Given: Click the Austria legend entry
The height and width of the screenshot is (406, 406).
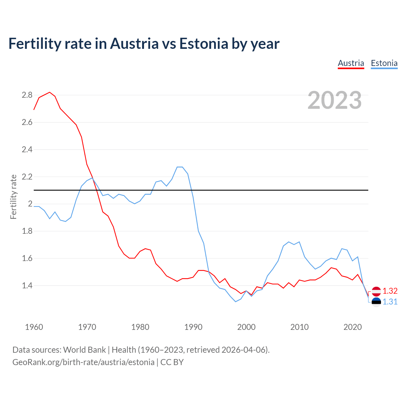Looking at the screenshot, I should point(351,63).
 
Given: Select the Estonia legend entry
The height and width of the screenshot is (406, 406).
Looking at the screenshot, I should point(384,63).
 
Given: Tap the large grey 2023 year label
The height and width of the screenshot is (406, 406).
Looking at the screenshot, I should point(335,100).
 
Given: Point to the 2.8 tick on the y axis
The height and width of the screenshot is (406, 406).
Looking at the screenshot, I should point(27,95).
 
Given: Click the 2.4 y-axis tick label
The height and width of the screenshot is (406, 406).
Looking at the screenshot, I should point(27,149).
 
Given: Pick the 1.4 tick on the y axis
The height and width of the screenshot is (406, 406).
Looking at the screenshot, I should point(27,285).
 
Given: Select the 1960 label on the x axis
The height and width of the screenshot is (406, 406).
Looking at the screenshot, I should point(34,327).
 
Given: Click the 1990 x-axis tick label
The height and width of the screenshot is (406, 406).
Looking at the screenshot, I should point(193,327).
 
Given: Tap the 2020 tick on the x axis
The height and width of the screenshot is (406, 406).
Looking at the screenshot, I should point(352,327).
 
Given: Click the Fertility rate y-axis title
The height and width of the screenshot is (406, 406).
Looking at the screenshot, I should point(13,197).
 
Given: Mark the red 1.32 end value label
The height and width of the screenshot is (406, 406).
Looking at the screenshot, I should point(390,291).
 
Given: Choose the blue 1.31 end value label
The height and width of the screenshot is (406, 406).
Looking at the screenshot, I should point(390,302).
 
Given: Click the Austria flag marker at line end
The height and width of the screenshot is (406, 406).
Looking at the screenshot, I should point(376,291).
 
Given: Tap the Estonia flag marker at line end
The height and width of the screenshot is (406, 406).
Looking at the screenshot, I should point(376,302).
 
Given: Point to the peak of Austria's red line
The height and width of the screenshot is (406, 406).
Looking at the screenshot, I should point(49,92).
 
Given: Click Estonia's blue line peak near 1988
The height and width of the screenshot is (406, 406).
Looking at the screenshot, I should point(180,167).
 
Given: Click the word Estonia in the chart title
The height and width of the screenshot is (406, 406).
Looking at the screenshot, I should point(204,43).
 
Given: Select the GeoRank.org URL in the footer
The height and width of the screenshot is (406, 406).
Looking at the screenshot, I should point(83,362).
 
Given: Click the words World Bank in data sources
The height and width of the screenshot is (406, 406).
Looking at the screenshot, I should point(84,350).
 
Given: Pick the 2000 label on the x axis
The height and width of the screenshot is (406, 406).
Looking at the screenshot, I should point(246,327).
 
